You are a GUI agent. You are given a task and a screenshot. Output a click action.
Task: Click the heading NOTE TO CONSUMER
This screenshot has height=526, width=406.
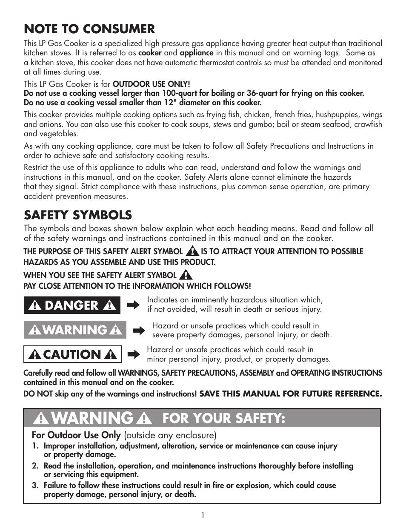click(89, 29)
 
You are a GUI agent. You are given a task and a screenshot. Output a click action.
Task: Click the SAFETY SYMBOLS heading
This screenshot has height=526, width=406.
click(78, 215)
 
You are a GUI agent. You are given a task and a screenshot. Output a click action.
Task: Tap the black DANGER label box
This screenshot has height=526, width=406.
click(72, 305)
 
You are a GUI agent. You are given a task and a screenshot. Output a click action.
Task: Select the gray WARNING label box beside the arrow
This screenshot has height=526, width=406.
click(75, 330)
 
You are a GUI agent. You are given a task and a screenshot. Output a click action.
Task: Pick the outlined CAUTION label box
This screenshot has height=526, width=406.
click(72, 354)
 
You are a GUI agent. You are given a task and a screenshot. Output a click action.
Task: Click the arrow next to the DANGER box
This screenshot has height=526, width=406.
click(133, 305)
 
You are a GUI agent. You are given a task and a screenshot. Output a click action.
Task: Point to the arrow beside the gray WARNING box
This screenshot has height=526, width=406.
click(139, 331)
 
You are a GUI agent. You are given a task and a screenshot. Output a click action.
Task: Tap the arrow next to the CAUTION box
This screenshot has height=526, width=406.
click(134, 354)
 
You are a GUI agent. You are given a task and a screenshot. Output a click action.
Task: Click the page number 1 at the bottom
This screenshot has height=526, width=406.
click(203, 515)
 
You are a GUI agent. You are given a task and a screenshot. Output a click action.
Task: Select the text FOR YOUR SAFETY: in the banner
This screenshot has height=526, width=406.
click(224, 419)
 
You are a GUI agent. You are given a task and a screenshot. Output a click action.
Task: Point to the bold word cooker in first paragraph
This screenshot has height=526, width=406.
click(150, 53)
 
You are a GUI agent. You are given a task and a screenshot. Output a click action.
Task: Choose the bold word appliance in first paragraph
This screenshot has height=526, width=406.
click(196, 53)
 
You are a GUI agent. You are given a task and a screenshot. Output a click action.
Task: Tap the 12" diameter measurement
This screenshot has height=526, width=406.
click(199, 103)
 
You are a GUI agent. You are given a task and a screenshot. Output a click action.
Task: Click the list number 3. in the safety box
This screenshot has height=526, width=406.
click(35, 486)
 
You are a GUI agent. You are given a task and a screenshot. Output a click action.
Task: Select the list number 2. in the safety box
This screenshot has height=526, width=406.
click(35, 466)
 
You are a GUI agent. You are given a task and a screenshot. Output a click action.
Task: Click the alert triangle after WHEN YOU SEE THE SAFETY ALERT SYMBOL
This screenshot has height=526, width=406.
click(186, 275)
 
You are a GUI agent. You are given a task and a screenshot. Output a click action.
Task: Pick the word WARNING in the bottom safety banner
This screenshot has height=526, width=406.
click(94, 419)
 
